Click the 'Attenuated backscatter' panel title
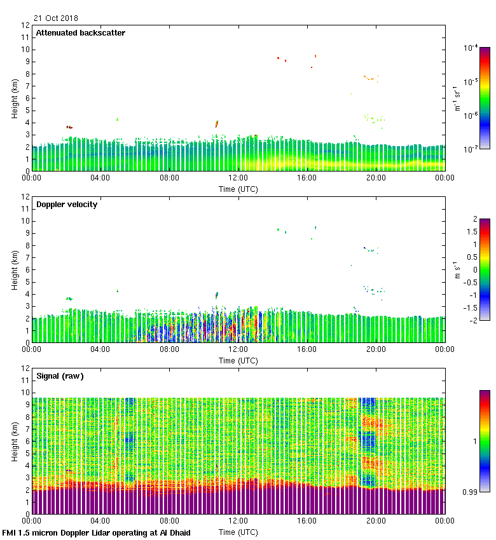(80, 33)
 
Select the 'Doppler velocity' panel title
(66, 205)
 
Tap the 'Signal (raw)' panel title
(60, 376)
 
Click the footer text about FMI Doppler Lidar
(97, 533)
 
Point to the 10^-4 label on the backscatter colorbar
(471, 48)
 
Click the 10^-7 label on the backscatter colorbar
(471, 150)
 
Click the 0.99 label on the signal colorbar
(470, 492)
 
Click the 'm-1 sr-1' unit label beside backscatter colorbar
(457, 99)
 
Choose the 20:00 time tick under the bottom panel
(376, 522)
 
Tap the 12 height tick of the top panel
(25, 25)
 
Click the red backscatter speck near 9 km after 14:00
(278, 58)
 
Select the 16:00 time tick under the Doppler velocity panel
(307, 350)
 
